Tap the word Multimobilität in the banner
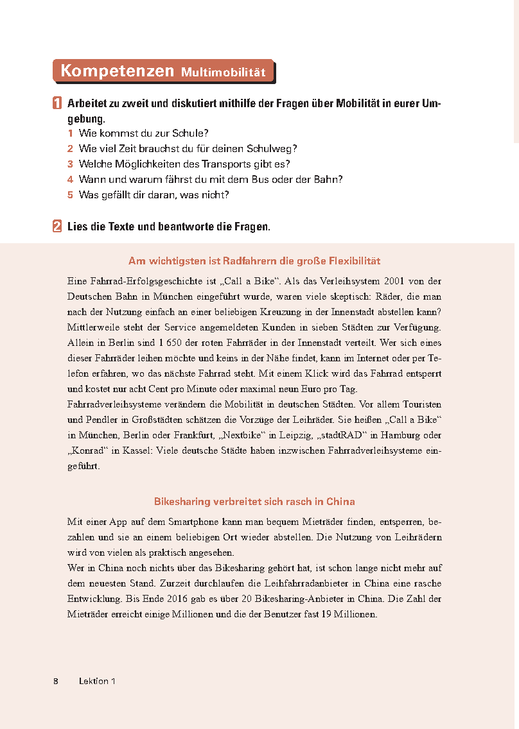pos(223,73)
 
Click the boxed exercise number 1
pos(57,103)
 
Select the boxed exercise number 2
pos(57,227)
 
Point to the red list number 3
pos(71,164)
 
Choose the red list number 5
pos(71,195)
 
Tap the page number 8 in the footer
pos(56,681)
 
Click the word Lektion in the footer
pos(93,681)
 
